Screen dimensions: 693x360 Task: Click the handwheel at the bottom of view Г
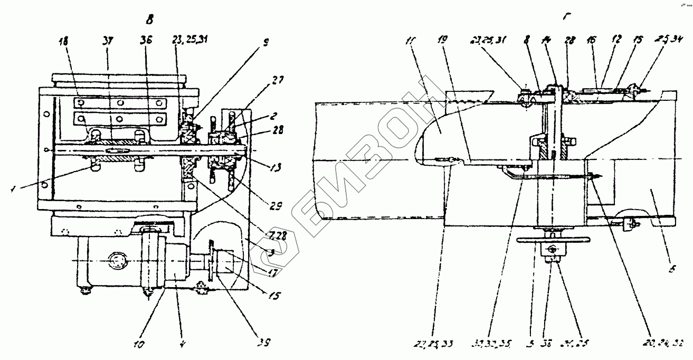[x=548, y=240]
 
